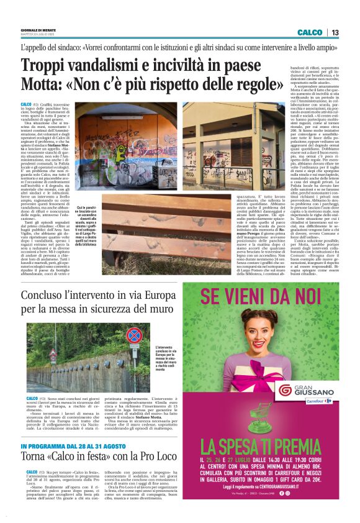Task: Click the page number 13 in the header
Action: click(335, 32)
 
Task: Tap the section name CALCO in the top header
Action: click(309, 32)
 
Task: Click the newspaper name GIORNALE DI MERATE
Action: click(38, 29)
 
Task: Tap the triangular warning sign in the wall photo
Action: click(133, 348)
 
